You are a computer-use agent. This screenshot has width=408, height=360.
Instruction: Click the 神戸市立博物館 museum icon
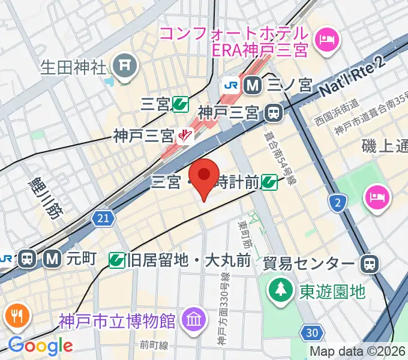(194, 318)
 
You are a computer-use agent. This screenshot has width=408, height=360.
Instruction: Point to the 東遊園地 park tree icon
(280, 291)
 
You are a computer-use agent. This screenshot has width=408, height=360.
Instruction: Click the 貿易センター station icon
(369, 263)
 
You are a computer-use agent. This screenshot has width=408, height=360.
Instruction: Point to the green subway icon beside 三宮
(179, 105)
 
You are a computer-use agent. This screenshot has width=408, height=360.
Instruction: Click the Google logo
(40, 346)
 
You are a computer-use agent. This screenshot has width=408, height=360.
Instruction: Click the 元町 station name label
(81, 259)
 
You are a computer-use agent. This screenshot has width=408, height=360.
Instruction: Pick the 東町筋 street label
(244, 236)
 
